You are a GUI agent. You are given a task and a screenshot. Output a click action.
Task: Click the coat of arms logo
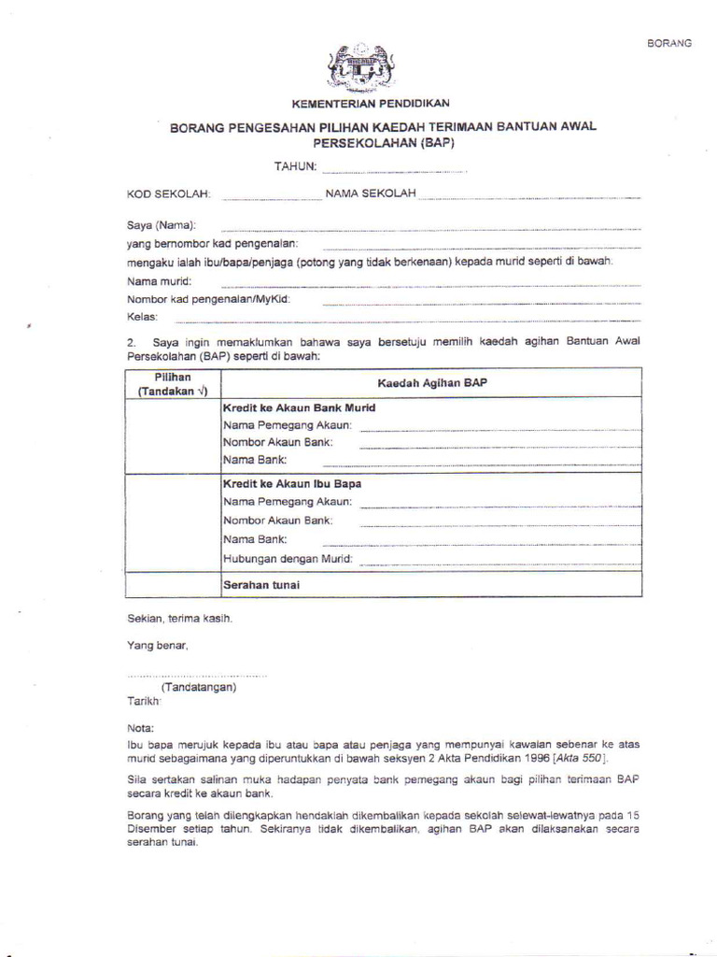click(360, 66)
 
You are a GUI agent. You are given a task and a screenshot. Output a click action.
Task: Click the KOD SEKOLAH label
click(169, 194)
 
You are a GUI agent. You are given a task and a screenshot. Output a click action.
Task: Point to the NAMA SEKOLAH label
click(370, 193)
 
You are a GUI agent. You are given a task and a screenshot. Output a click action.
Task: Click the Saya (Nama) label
click(162, 225)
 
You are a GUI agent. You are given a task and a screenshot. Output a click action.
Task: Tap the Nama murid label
click(159, 281)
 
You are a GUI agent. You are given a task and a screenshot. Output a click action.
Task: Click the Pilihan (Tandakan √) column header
click(172, 383)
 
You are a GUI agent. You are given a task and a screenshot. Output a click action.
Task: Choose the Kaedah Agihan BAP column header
click(431, 383)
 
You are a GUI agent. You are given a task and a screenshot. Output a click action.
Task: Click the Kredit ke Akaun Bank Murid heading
click(299, 408)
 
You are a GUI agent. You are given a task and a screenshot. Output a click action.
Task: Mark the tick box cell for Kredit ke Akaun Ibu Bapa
click(172, 521)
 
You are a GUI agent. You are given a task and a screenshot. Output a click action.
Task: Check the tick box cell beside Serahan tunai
click(172, 585)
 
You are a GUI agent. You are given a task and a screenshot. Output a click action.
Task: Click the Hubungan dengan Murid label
click(288, 559)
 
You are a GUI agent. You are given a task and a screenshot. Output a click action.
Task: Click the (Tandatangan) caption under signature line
click(198, 687)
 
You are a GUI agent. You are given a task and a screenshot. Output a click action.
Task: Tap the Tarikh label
click(144, 700)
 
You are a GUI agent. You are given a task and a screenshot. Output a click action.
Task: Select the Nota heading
click(140, 726)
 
